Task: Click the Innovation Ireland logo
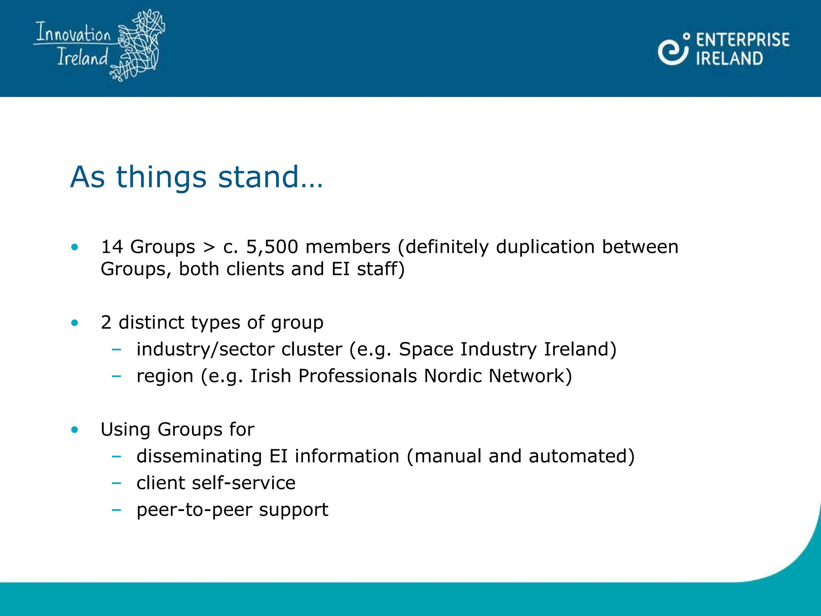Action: pyautogui.click(x=99, y=45)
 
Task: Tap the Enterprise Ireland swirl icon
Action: pyautogui.click(x=673, y=50)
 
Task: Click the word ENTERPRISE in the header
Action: pyautogui.click(x=742, y=40)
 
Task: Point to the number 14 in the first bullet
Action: pyautogui.click(x=112, y=247)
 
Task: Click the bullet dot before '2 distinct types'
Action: pyautogui.click(x=75, y=323)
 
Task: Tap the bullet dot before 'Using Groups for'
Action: pyautogui.click(x=75, y=430)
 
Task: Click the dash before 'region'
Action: pyautogui.click(x=116, y=376)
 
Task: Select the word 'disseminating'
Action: pyautogui.click(x=199, y=456)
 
